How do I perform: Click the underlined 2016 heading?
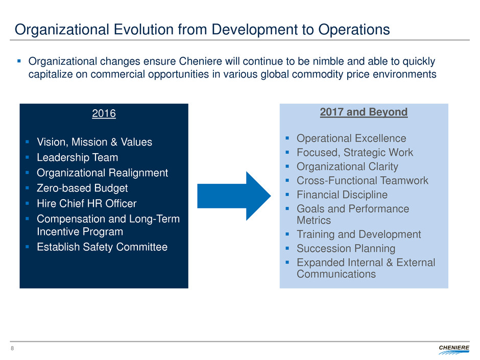[x=104, y=113]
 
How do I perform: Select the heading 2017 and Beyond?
[x=364, y=112]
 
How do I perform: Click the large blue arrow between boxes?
[x=234, y=196]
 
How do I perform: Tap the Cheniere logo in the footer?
[x=453, y=349]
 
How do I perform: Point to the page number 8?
[x=12, y=348]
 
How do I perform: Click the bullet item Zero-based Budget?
[x=82, y=188]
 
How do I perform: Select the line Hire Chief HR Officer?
[x=87, y=203]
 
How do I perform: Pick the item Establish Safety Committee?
[x=102, y=247]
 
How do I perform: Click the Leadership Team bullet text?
[x=78, y=157]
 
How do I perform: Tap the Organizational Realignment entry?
[x=102, y=173]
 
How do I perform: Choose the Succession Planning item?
[x=346, y=249]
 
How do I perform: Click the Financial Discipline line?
[x=342, y=195]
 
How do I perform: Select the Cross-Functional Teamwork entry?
[x=363, y=181]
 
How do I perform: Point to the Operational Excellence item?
[x=351, y=138]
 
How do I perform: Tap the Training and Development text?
[x=359, y=234]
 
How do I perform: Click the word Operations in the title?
[x=354, y=30]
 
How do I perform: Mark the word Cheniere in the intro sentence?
[x=201, y=61]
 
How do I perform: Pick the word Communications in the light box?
[x=336, y=274]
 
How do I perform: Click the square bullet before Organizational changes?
[x=19, y=61]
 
